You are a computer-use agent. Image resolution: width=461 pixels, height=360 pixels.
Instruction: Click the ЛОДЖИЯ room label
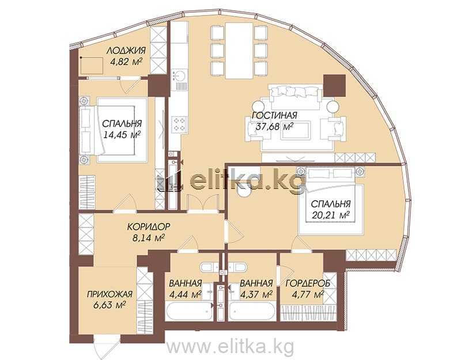[126, 50]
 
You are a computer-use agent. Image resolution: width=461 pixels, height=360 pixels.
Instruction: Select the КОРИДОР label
[149, 226]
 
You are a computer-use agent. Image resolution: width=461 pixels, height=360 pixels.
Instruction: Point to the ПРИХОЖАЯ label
[109, 294]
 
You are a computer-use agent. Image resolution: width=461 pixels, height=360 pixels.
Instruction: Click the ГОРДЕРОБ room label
[308, 283]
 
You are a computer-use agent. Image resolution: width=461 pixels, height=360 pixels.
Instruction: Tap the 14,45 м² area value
[121, 135]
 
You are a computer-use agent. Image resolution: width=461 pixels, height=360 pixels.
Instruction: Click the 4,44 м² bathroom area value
[185, 294]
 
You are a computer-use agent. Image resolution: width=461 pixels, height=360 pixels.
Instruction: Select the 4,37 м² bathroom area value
[256, 294]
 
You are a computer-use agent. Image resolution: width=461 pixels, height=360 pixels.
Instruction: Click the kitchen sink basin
[179, 75]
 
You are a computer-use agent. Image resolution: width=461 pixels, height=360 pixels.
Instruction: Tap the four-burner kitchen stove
[179, 124]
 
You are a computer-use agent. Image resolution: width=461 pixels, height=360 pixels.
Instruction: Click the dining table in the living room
[239, 50]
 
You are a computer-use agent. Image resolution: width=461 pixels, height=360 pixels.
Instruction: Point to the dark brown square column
[334, 85]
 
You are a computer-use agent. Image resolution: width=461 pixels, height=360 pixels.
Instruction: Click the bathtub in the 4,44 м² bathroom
[189, 311]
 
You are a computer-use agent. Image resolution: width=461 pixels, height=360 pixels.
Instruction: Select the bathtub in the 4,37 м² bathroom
[252, 311]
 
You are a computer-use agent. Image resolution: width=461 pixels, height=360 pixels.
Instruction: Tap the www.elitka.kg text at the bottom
[230, 347]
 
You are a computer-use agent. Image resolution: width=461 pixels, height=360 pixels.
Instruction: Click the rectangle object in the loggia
[92, 66]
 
